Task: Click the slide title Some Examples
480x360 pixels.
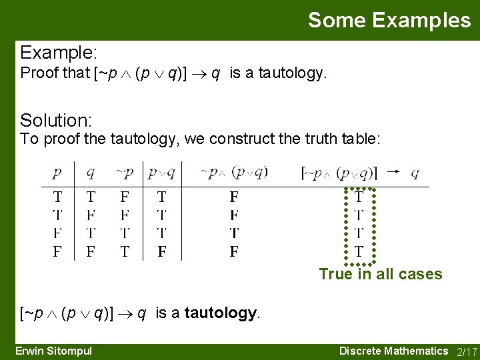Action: [389, 20]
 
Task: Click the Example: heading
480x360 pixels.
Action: [59, 52]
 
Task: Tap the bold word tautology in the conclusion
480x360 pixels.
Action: [221, 313]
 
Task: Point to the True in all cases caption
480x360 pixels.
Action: [380, 274]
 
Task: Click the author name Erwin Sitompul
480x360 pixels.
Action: [53, 351]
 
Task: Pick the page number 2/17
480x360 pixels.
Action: [466, 351]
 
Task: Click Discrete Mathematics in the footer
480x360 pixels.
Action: [393, 351]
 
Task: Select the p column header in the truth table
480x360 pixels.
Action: [57, 173]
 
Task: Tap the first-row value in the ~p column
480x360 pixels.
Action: [125, 197]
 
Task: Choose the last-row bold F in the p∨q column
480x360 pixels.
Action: [162, 252]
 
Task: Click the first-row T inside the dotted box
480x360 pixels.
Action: [359, 197]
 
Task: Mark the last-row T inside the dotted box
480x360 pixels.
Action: [359, 252]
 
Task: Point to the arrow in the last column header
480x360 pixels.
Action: [393, 171]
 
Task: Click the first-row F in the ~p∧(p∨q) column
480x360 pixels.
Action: [234, 197]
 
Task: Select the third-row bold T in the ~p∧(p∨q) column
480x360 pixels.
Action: [234, 233]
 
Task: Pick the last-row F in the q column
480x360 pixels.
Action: [91, 252]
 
